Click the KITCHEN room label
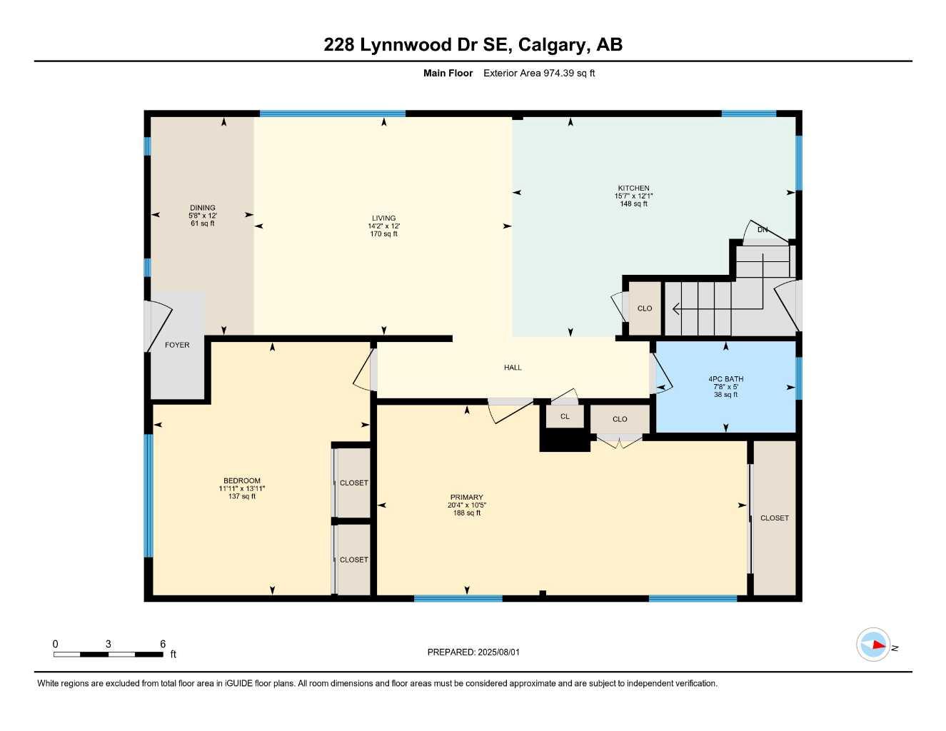tap(633, 188)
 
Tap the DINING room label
tap(203, 208)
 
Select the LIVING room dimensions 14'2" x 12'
tap(383, 226)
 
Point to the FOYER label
tap(177, 346)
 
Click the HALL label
tap(513, 368)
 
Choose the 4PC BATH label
tap(725, 379)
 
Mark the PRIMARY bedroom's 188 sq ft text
tap(467, 513)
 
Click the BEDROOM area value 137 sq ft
tap(242, 497)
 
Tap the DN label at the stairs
tap(763, 230)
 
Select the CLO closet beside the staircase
tap(645, 308)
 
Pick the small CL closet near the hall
tap(565, 416)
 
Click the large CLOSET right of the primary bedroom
tap(775, 518)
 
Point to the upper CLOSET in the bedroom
tap(353, 483)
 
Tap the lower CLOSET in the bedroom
tap(353, 560)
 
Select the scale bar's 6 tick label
tap(163, 644)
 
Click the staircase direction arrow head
tap(675, 308)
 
